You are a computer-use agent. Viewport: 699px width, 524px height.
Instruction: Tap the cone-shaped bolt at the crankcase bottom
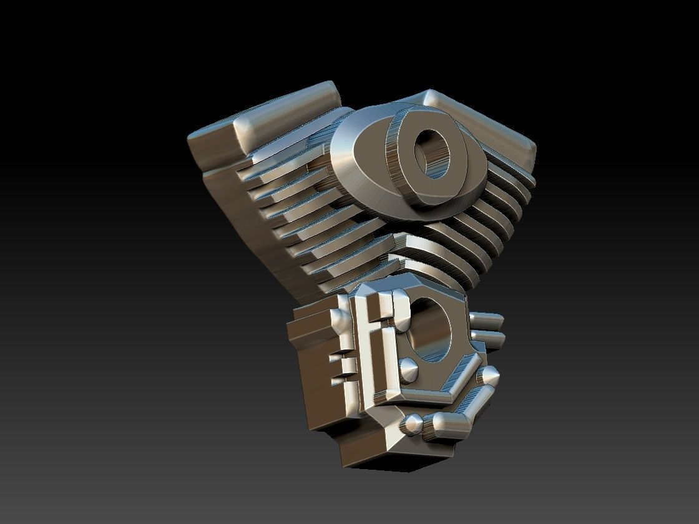(x=411, y=425)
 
